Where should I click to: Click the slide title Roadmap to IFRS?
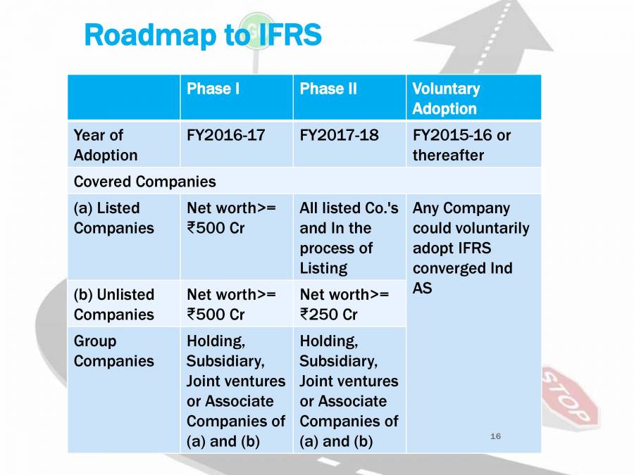coord(202,34)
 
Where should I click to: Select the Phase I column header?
coord(213,89)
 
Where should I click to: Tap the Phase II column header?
coord(328,89)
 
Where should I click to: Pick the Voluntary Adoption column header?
coord(446,99)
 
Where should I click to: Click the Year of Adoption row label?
coord(106,145)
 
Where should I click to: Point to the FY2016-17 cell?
coord(225,135)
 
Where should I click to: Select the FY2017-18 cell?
coord(339,135)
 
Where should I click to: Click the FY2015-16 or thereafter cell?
coord(461,145)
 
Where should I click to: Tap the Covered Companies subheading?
coord(144,182)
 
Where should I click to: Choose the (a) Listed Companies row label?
coord(113,218)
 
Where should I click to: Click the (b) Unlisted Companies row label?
coord(113,304)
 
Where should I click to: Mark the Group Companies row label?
coord(113,351)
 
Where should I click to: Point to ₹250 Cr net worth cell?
coord(344,304)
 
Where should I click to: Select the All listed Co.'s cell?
coord(349,238)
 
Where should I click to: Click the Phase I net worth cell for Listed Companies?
coord(231,218)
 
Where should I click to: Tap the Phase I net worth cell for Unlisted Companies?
coord(231,304)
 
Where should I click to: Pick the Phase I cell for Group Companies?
coord(235,391)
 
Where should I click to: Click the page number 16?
coord(495,437)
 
